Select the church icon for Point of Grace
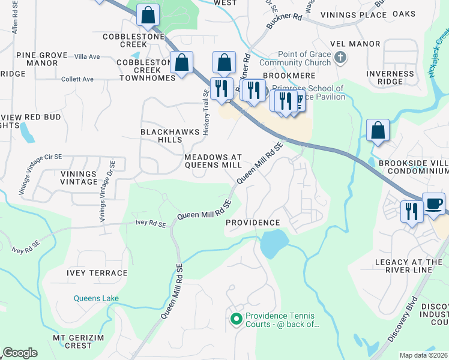tap(340, 58)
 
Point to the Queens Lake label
tap(96, 298)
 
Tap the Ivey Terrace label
tap(97, 273)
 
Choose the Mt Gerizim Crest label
tap(80, 341)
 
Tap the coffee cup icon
tap(433, 203)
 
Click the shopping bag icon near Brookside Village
tap(378, 130)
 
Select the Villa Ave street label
tap(87, 56)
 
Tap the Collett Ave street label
tap(77, 79)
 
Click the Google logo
tap(20, 353)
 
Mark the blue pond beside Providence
tap(270, 242)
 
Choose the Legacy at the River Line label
tap(408, 266)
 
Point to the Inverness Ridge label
tap(390, 77)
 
